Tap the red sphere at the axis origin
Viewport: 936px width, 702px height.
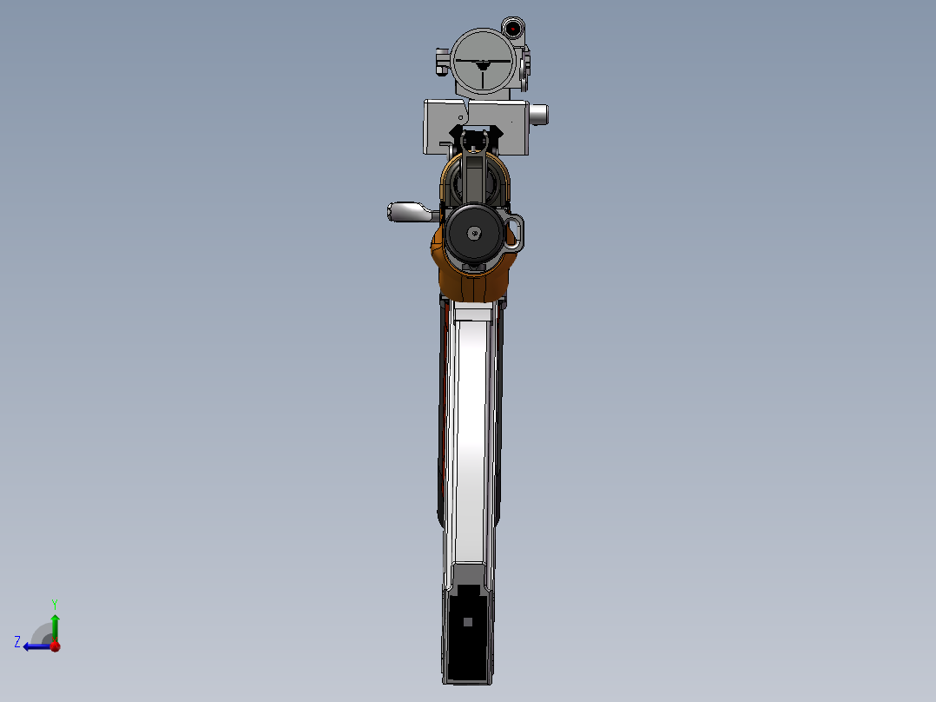[55, 646]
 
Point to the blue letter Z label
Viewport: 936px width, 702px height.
[17, 641]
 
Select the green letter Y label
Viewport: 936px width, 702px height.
[54, 603]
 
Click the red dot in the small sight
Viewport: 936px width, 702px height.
[513, 29]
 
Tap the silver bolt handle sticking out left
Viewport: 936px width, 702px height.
[405, 210]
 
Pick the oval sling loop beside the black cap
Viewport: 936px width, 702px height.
[516, 230]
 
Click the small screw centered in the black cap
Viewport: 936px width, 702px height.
[474, 233]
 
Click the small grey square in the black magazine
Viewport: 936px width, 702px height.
[468, 621]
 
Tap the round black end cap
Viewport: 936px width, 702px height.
[474, 233]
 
